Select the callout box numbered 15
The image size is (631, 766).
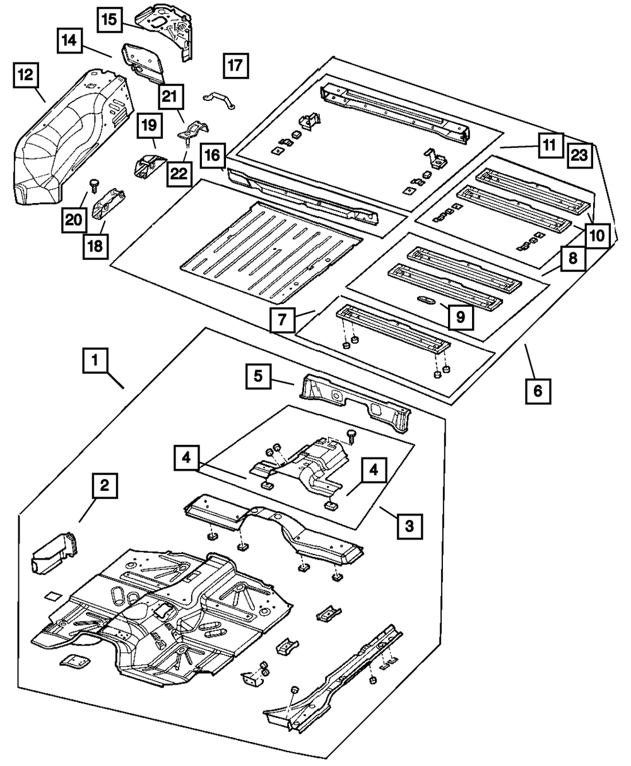point(110,19)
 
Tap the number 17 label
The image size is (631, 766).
point(235,66)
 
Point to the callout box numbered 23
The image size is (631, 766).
point(579,155)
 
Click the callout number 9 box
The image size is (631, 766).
point(460,317)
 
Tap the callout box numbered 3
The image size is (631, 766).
point(410,525)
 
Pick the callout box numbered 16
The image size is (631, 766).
point(213,155)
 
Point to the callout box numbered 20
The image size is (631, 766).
point(74,218)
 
